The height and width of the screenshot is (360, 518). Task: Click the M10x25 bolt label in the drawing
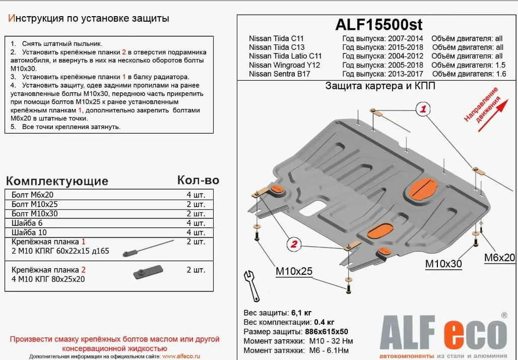click(293, 272)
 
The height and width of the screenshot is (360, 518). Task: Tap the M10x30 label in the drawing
click(443, 263)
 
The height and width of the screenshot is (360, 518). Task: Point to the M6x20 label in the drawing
click(499, 258)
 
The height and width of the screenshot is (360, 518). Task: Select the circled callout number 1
click(423, 109)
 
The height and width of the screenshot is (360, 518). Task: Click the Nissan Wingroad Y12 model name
click(284, 65)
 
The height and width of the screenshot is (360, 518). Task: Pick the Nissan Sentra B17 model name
click(279, 74)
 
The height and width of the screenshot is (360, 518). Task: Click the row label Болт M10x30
click(34, 213)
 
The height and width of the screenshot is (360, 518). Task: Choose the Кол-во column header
click(198, 180)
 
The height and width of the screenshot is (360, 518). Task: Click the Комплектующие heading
click(57, 181)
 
